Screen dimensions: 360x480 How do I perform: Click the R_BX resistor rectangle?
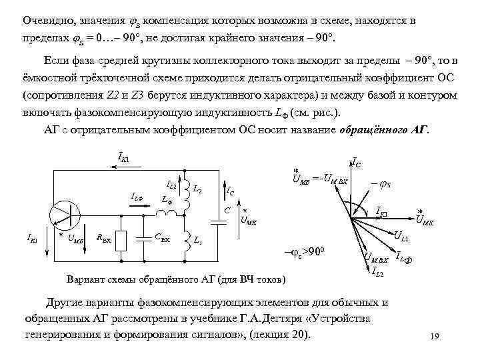[120, 242]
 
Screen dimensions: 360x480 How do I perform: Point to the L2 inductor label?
[198, 191]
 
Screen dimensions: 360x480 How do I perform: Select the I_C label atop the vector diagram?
[357, 161]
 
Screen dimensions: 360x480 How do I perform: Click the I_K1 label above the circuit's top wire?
[125, 158]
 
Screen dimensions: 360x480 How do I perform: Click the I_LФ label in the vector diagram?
[407, 257]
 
